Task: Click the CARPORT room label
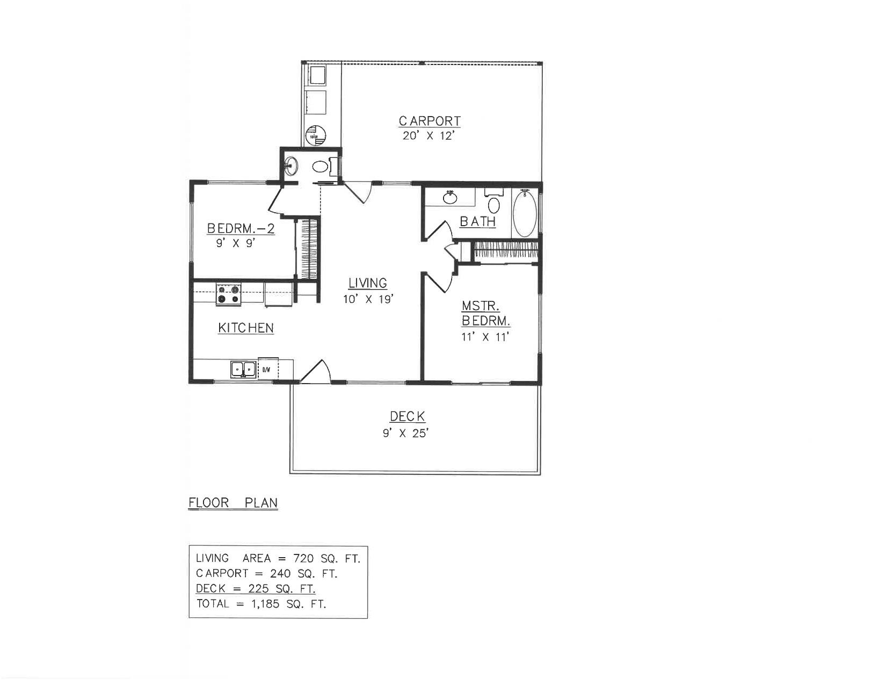[x=430, y=121]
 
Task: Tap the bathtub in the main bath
[x=525, y=213]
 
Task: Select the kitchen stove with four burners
[x=228, y=295]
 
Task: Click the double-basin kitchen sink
[x=243, y=370]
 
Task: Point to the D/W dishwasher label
[x=266, y=370]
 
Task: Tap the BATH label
[x=477, y=221]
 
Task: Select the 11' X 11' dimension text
[x=485, y=337]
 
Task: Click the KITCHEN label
[x=246, y=328]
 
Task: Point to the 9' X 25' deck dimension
[x=405, y=433]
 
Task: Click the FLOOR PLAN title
[x=233, y=503]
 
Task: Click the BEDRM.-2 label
[x=241, y=229]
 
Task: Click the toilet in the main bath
[x=494, y=203]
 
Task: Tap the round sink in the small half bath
[x=292, y=164]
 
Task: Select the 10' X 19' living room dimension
[x=369, y=299]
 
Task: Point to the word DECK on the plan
[x=408, y=416]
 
